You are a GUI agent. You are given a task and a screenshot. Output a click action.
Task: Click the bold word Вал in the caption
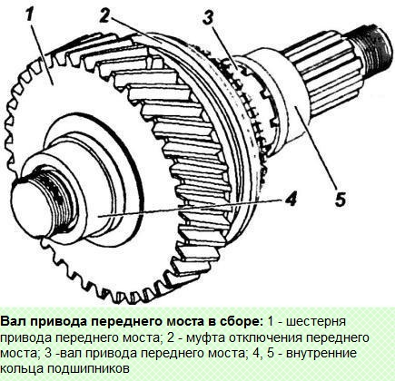click(15, 321)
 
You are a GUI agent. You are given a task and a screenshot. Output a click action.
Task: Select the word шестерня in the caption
click(356, 321)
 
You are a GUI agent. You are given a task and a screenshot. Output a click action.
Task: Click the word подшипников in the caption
click(87, 369)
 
